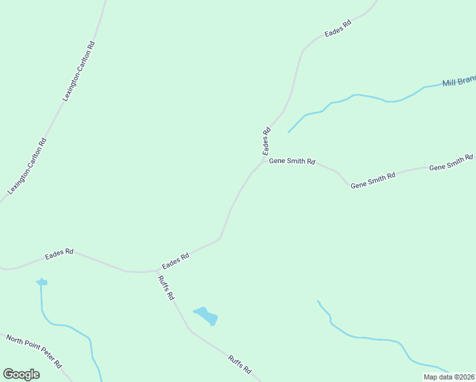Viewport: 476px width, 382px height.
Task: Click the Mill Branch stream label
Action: tap(459, 81)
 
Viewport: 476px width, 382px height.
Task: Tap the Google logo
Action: tap(21, 374)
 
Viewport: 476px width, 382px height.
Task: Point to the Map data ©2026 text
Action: tap(449, 377)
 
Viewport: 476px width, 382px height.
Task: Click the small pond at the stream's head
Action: tap(42, 281)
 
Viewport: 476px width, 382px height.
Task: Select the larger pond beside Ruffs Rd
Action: tap(206, 316)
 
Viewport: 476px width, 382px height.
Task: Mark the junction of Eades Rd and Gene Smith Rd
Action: tap(263, 160)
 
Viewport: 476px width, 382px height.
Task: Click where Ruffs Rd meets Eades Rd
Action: tap(157, 270)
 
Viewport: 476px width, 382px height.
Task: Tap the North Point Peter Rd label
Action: tap(34, 350)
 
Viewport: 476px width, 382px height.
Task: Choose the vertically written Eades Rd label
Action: tap(267, 141)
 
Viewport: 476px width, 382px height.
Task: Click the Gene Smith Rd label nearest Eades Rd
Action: tap(292, 162)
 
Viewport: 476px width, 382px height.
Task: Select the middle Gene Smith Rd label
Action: tap(373, 180)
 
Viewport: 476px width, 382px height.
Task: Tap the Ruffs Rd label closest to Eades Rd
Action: tap(167, 288)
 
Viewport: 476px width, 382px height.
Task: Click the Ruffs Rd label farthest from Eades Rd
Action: tap(240, 365)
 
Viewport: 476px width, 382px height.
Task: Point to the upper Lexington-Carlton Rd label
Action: tap(80, 71)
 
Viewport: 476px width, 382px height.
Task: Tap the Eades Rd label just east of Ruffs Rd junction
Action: tap(176, 261)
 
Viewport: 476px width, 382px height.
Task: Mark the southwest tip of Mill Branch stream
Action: tap(288, 132)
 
